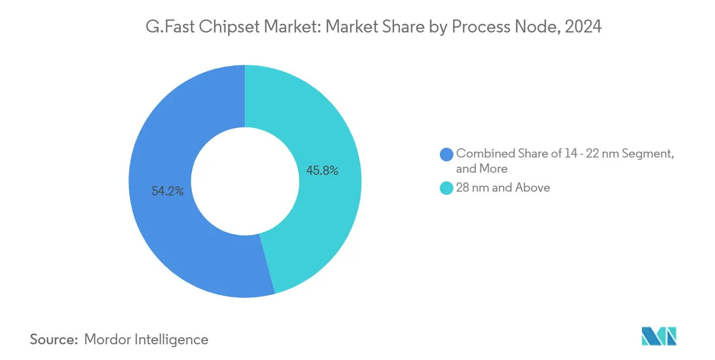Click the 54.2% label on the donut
tap(167, 191)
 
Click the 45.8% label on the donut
tap(322, 171)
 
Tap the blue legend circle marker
tap(447, 154)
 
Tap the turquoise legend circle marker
tap(447, 188)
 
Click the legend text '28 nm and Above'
tap(503, 188)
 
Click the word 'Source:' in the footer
tap(54, 339)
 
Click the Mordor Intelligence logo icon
tap(659, 336)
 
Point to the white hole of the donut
tap(245, 181)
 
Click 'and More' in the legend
tap(482, 169)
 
